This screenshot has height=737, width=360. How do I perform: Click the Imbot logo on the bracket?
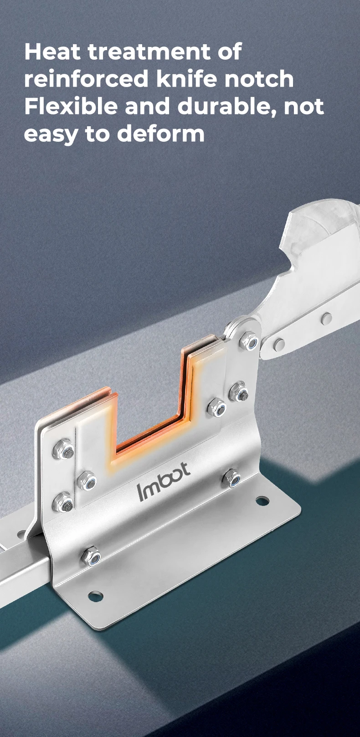(163, 481)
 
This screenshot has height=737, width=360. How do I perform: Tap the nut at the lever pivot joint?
(249, 341)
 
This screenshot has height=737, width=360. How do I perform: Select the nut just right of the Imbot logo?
(232, 478)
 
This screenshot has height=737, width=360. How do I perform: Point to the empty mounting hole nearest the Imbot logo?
(262, 501)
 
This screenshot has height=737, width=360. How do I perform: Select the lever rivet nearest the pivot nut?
(279, 344)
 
